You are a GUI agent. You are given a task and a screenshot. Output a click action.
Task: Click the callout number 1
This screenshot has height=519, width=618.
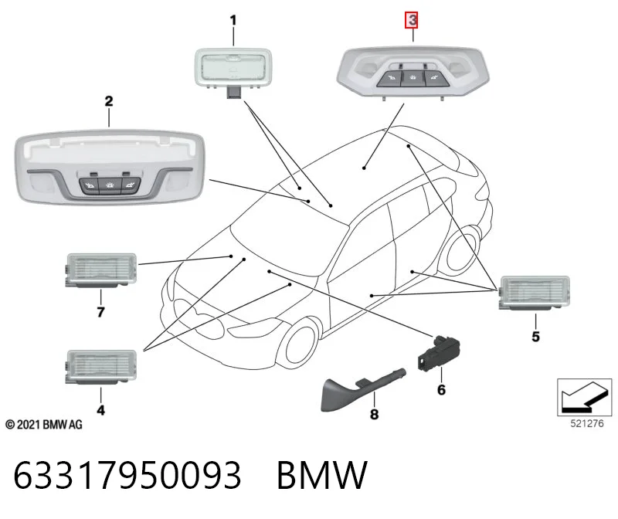(x=233, y=20)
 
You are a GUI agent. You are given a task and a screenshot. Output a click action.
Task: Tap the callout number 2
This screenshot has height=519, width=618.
(x=109, y=101)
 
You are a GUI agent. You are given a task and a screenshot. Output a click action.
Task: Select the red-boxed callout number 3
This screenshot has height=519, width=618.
(x=413, y=20)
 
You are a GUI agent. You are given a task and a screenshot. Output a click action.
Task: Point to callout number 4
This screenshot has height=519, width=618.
(x=101, y=410)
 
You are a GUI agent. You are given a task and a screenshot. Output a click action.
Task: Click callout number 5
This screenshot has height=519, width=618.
(x=535, y=337)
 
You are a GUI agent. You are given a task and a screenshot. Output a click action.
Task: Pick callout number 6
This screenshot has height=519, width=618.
(x=441, y=390)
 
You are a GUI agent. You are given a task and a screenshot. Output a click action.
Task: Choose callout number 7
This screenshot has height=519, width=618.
(x=101, y=312)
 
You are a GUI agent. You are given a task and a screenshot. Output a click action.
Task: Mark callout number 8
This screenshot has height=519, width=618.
(x=374, y=414)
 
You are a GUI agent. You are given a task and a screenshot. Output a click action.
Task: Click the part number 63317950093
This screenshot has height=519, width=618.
(x=127, y=475)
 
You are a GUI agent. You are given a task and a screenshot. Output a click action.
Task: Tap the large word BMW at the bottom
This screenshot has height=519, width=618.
(x=322, y=475)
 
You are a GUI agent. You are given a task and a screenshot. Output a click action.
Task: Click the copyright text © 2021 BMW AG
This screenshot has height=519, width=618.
(x=44, y=425)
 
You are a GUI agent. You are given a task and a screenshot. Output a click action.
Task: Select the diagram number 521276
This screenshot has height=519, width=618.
(x=587, y=424)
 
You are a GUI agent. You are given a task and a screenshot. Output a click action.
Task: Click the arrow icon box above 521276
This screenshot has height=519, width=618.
(x=585, y=397)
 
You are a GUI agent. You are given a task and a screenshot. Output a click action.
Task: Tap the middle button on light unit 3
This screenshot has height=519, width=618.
(x=413, y=79)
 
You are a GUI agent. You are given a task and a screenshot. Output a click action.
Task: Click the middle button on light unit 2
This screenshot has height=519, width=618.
(x=110, y=185)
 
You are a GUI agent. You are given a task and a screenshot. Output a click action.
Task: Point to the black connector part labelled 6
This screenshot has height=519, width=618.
(x=439, y=353)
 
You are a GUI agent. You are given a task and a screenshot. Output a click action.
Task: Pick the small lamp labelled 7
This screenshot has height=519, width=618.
(x=101, y=270)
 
